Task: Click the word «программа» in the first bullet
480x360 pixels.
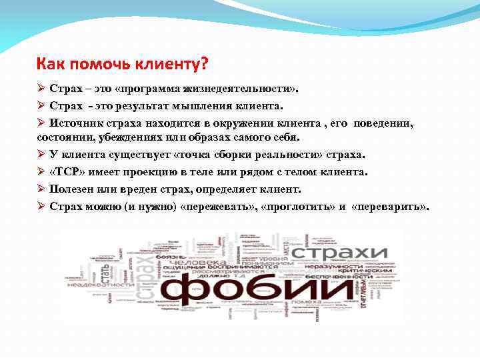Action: tap(154, 89)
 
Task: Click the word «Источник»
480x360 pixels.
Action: tap(75, 124)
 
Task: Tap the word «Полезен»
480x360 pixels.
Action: tap(72, 189)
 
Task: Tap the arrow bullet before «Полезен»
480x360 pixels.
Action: tap(41, 189)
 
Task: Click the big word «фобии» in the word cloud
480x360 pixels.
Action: tap(239, 287)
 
